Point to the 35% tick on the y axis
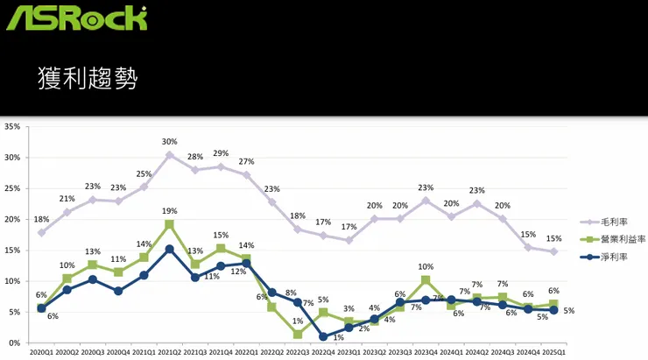(13, 127)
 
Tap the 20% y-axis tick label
(13, 219)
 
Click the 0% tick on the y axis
(15, 342)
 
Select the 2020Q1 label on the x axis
(41, 352)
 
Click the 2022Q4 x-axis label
(323, 352)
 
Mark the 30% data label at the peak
(169, 142)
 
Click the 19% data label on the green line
(169, 211)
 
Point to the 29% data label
(221, 153)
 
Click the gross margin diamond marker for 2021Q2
(169, 155)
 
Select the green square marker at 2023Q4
(426, 280)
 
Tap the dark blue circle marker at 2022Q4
(323, 336)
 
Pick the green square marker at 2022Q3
(298, 334)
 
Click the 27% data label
(247, 162)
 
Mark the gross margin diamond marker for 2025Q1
(553, 251)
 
